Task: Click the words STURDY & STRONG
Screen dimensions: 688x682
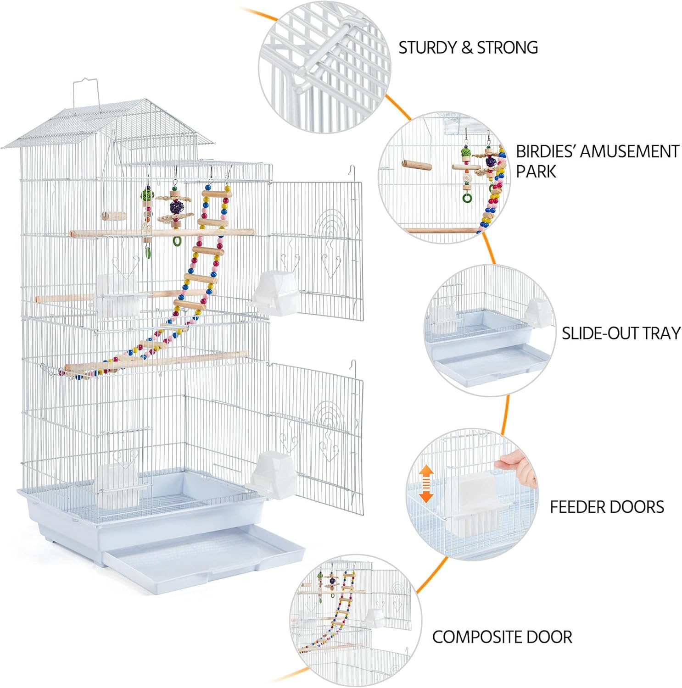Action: [468, 48]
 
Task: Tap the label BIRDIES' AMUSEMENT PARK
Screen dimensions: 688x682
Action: [597, 161]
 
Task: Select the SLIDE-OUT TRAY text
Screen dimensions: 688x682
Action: [621, 333]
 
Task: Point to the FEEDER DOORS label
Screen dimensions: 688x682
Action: [607, 507]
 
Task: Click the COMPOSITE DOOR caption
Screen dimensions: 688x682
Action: [502, 637]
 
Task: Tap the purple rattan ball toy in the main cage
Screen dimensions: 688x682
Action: [175, 207]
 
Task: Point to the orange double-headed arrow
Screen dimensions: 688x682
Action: [426, 483]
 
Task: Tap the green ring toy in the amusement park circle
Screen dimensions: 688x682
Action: [467, 198]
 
